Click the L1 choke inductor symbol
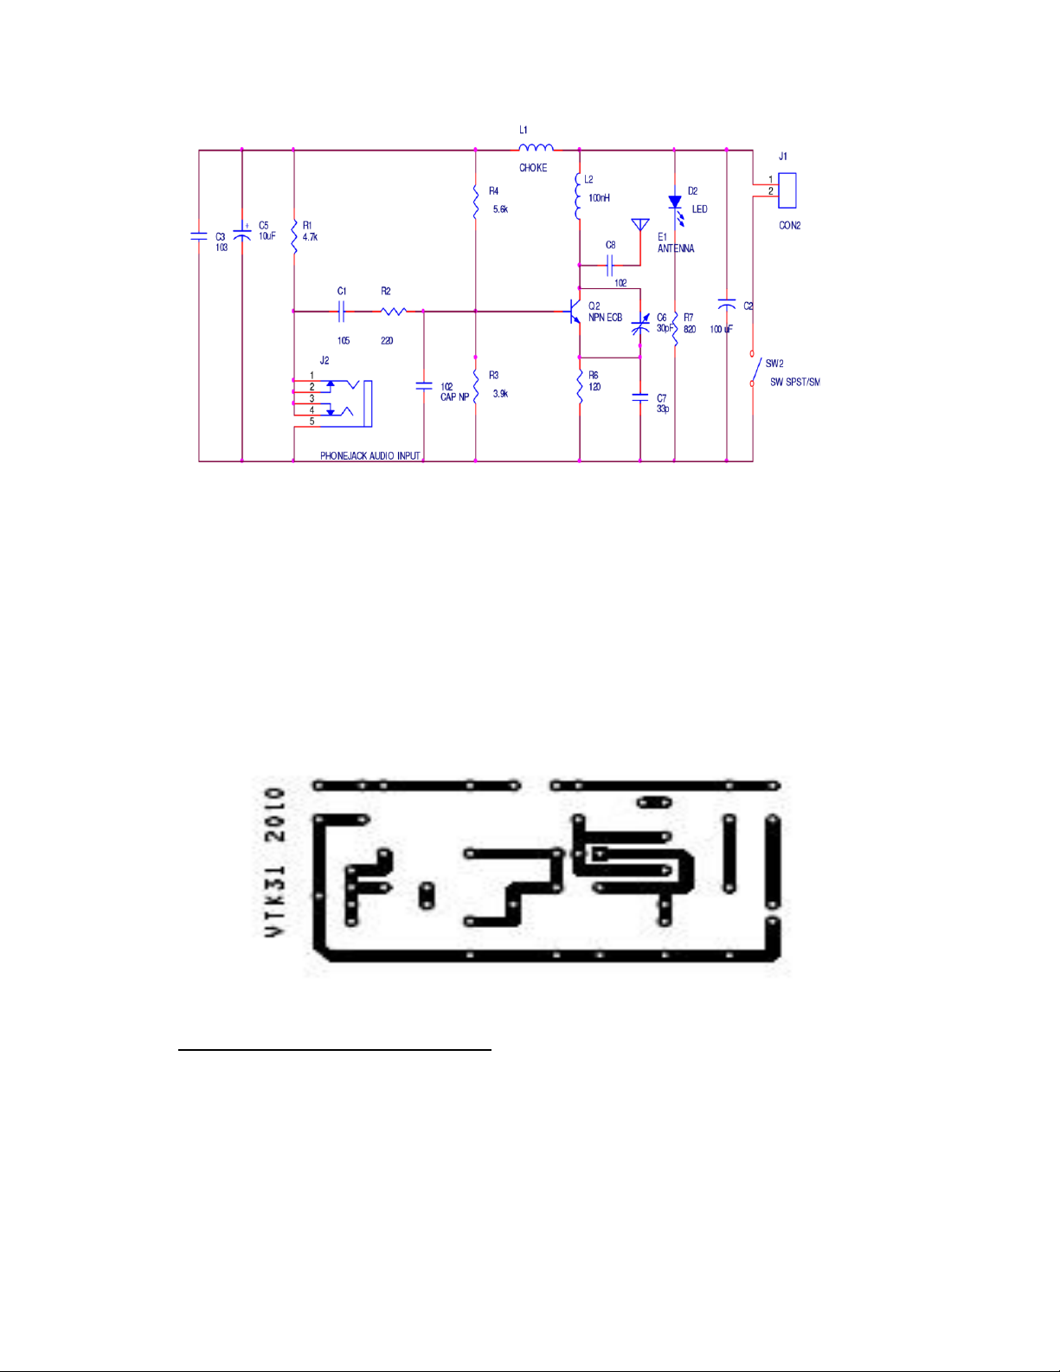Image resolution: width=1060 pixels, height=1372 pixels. tap(536, 148)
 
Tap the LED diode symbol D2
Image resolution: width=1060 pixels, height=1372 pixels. tap(675, 203)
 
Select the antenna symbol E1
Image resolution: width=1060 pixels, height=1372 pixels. tap(640, 226)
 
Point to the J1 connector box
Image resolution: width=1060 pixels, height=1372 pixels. tap(787, 190)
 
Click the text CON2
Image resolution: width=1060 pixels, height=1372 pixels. tap(789, 226)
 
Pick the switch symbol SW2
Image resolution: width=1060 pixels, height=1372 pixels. tap(754, 368)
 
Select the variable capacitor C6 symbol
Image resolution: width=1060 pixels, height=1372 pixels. tap(640, 325)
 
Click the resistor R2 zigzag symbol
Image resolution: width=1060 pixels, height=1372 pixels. tap(394, 311)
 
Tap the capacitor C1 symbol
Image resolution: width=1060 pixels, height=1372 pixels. tap(343, 311)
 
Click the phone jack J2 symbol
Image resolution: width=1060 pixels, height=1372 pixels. tap(342, 402)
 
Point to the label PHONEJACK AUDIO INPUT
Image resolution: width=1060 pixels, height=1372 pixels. tap(369, 456)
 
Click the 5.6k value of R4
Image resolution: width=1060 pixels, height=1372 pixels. tap(500, 209)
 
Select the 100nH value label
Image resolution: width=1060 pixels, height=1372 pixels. tap(599, 198)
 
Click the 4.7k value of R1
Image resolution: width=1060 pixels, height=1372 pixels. tap(310, 237)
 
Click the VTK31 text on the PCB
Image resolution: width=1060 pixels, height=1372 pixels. tap(274, 899)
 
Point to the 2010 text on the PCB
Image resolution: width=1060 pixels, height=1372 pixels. tap(274, 815)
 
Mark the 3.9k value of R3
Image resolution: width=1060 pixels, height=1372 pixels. tap(500, 394)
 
